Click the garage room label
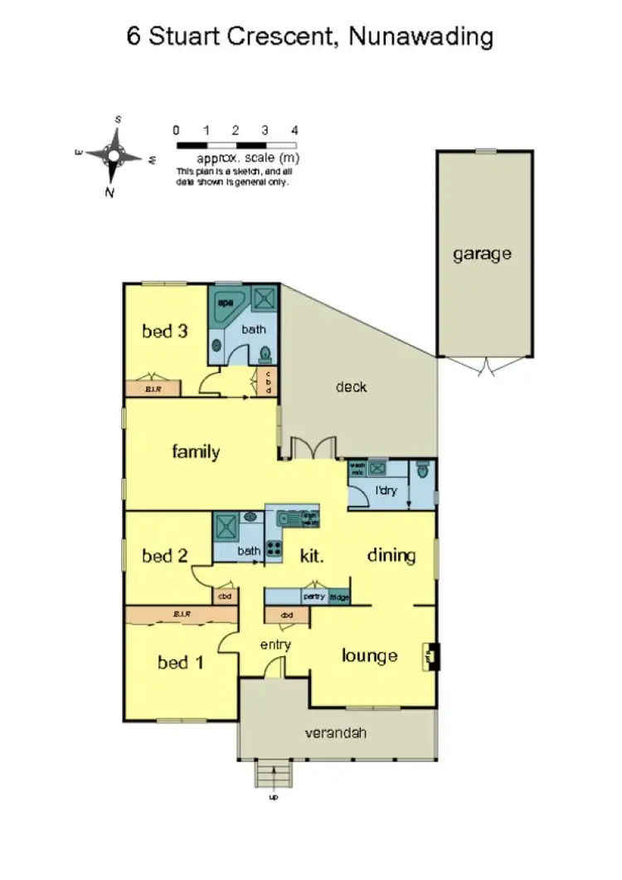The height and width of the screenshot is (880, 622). point(482,254)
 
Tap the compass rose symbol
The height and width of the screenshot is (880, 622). point(114,154)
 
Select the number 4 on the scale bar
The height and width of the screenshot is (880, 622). point(294,130)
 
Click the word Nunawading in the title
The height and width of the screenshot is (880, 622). point(421,36)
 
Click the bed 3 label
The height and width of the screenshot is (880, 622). point(165,332)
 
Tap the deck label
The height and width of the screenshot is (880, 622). point(352,387)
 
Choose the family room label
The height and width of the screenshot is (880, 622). point(196,452)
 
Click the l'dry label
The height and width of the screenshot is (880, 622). point(386,490)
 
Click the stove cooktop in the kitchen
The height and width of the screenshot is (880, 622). point(274,547)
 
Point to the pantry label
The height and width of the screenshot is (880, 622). point(313,596)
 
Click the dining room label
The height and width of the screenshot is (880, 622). point(391,556)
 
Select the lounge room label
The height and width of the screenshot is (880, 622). point(370,656)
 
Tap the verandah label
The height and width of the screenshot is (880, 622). point(336,733)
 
